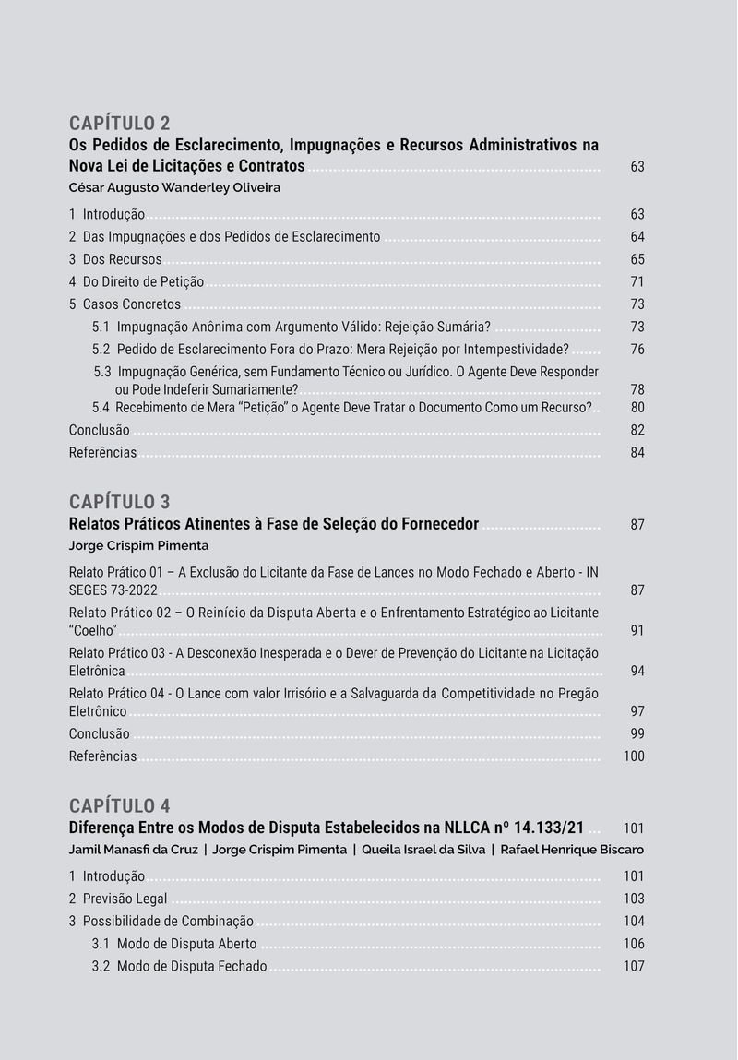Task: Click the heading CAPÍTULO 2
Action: coord(120,124)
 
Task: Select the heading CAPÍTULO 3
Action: coord(120,503)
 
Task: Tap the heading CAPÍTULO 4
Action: coord(120,806)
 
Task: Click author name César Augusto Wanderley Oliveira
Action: coord(174,187)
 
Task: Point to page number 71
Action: coord(637,282)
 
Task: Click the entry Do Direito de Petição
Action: coord(143,282)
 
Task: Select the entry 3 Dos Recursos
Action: coord(115,259)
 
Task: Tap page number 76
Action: coord(637,350)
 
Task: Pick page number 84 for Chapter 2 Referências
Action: coord(637,453)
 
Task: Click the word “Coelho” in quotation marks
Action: coord(93,631)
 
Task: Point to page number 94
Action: coord(637,672)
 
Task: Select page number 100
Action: coord(634,756)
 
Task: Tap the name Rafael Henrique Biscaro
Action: coord(572,850)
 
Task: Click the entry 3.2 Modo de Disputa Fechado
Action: coord(180,967)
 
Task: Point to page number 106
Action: coord(634,944)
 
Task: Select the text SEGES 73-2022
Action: coord(113,590)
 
